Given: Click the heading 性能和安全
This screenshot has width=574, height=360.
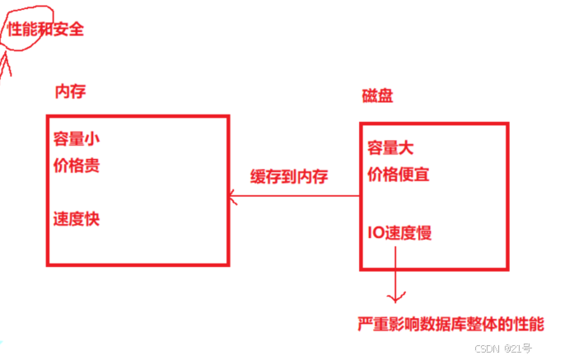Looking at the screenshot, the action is pos(45,30).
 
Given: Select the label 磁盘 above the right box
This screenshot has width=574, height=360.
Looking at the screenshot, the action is pos(377,96).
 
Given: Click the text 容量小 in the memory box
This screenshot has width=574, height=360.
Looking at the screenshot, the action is pos(77,138).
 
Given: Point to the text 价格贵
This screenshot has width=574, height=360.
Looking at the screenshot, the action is pos(77,166).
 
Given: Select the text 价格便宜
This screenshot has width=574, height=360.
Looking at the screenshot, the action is pos(399,175).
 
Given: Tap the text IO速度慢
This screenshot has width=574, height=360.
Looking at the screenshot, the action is pos(399,233).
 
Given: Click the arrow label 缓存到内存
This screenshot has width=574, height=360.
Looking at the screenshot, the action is pos(289,175).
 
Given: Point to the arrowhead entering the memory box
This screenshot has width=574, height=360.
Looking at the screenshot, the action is pos(234,196).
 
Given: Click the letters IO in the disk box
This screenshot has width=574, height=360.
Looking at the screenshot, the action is pos(375,233).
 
